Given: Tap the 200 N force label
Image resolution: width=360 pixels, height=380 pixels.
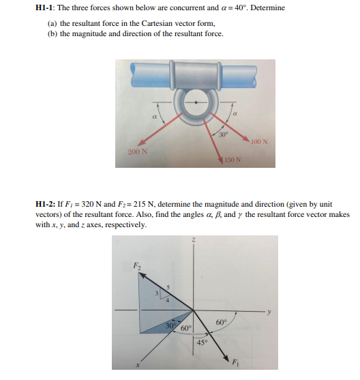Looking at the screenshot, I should (137, 149).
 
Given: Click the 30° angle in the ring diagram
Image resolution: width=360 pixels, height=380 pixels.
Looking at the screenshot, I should (222, 134).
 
